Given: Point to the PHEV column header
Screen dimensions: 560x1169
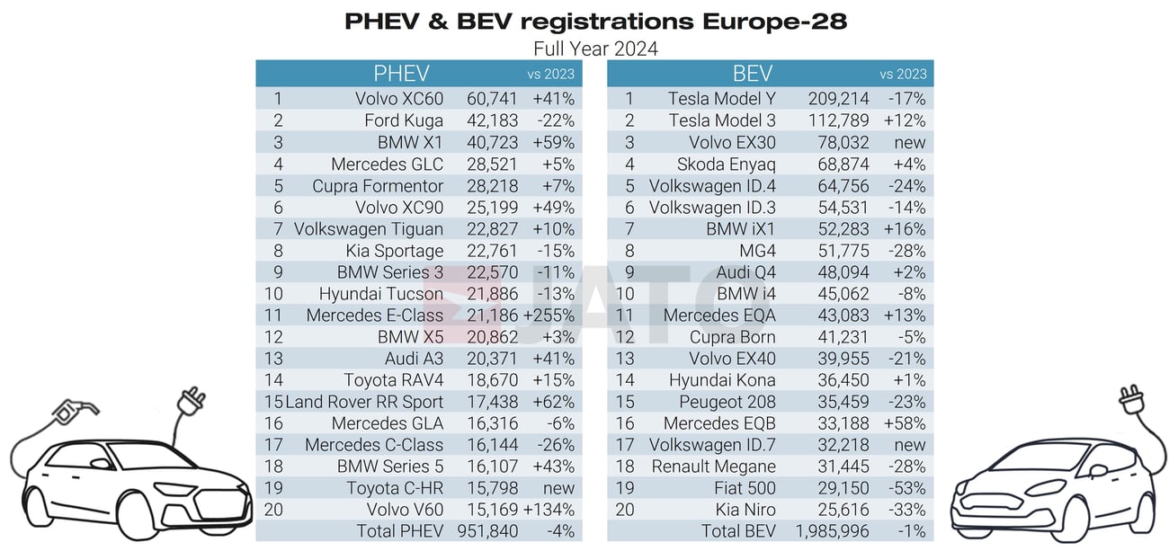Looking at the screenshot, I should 401,74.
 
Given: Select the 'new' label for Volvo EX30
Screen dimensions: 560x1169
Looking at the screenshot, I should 910,142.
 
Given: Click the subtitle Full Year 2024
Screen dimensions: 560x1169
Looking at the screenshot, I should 595,49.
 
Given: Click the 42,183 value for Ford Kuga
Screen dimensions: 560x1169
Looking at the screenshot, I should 490,120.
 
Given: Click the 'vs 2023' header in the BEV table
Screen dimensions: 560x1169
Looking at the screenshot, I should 903,75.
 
